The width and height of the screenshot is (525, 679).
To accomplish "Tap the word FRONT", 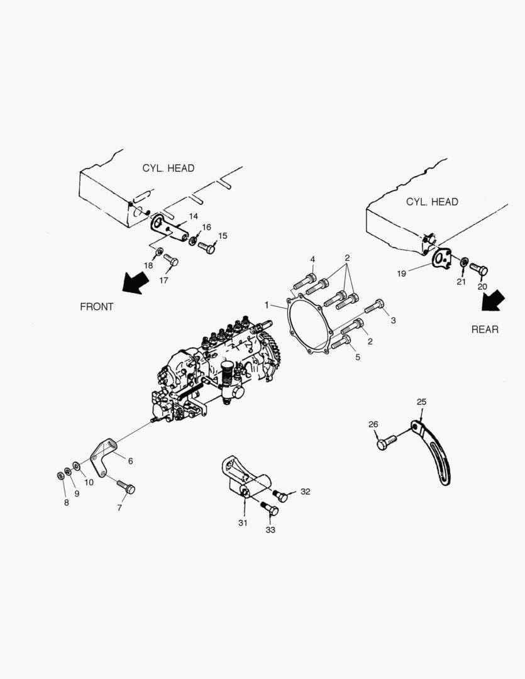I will pos(97,307).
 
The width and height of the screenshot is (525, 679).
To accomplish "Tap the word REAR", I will pos(485,329).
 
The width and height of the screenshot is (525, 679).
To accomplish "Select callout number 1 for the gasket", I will pos(267,305).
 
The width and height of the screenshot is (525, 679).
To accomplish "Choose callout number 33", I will pos(270,529).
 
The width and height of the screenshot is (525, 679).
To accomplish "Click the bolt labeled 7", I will pos(126,487).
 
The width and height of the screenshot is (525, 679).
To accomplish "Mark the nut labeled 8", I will pos(60,474).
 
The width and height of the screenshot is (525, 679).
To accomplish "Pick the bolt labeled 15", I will pos(207,248).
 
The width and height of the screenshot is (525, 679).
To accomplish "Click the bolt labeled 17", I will pos(170,259).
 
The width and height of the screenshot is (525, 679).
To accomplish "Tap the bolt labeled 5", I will pos(340,343).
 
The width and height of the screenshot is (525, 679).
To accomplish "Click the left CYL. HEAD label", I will pos(168,168).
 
